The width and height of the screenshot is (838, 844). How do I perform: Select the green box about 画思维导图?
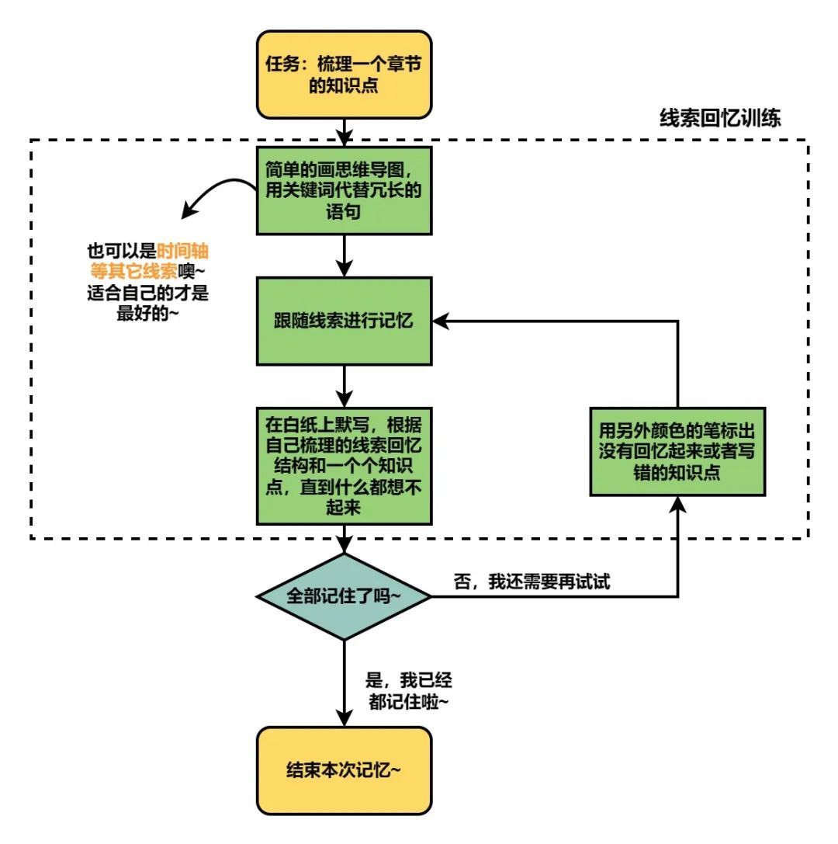344,190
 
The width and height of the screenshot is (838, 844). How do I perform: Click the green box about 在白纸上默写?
344,464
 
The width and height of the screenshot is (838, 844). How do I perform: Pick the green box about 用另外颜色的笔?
677,451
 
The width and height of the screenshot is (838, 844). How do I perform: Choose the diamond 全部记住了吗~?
344,597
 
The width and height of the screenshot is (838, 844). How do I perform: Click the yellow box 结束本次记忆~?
344,770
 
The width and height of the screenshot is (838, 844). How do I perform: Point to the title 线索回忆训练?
720,118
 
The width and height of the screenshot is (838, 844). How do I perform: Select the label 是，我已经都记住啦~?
408,690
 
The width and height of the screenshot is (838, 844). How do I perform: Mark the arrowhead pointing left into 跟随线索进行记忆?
440,320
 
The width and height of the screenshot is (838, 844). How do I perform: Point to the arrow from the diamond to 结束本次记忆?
344,683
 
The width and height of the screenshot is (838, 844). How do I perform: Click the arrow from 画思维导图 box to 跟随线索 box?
344,255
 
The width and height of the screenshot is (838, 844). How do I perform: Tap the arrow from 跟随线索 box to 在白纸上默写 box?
344,385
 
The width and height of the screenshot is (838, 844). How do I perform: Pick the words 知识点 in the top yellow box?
344,85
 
